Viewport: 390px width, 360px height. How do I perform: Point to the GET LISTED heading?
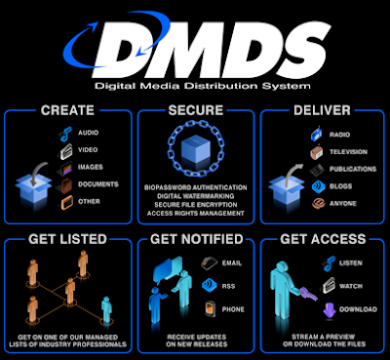tap(68, 237)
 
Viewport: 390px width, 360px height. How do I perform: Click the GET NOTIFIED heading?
tap(195, 237)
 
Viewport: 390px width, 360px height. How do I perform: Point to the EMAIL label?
tap(233, 262)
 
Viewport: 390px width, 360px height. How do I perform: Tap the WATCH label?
tap(351, 287)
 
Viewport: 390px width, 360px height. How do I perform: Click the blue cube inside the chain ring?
tap(194, 150)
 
